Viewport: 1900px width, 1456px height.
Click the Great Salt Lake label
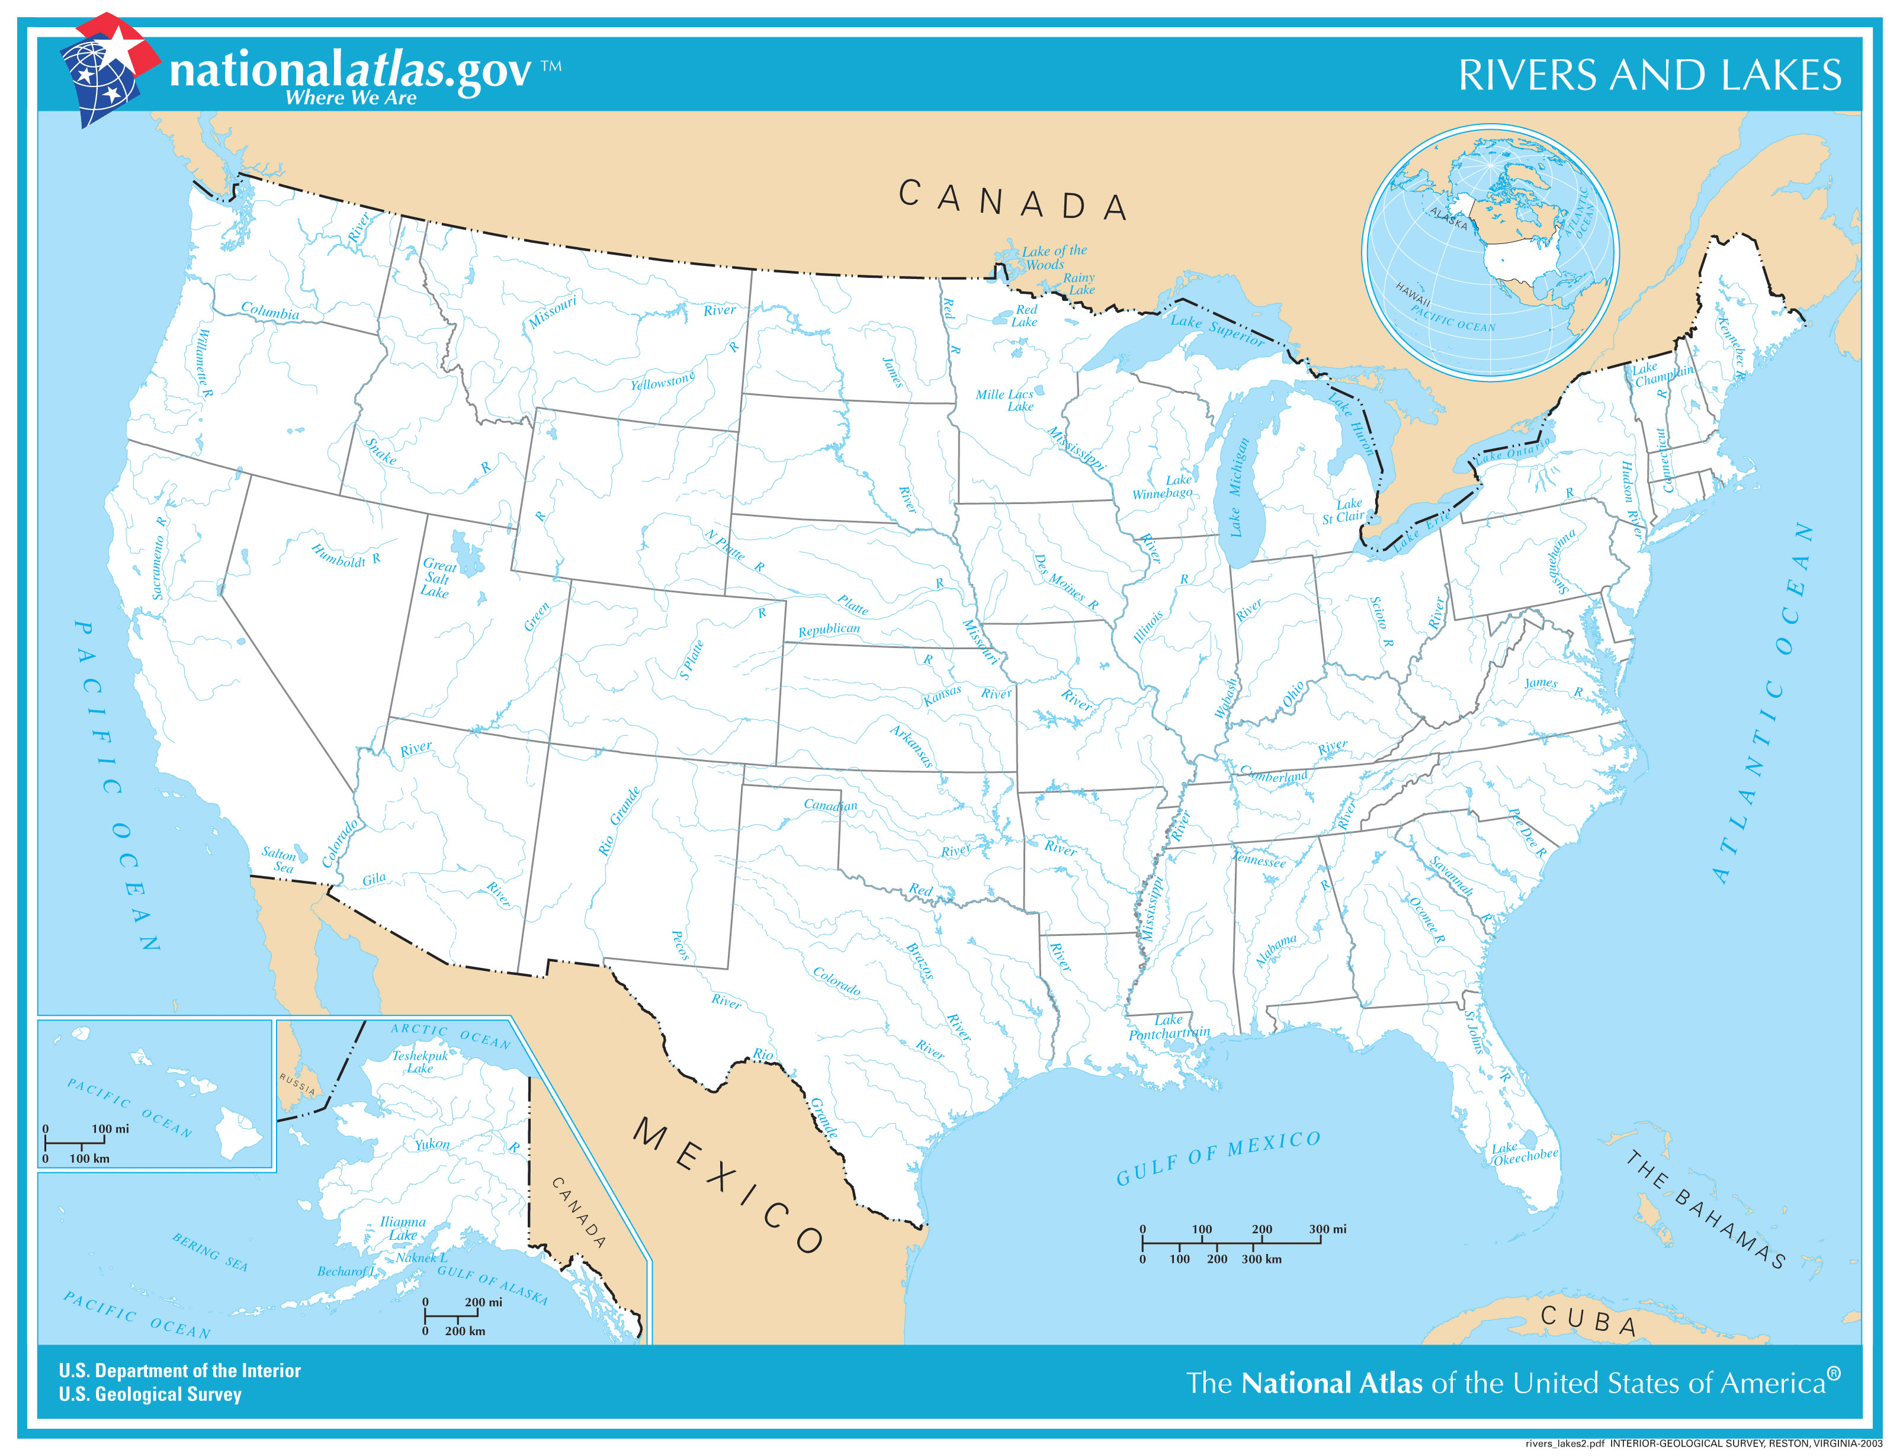[x=438, y=578]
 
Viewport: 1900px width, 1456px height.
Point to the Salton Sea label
[x=279, y=860]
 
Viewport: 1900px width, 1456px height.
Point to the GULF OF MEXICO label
[x=1217, y=1158]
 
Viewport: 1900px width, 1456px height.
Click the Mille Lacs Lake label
[x=1005, y=399]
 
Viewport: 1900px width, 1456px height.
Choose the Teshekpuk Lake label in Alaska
[x=420, y=1061]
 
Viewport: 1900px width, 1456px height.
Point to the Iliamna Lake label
[x=403, y=1228]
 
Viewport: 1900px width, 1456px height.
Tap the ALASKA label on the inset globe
[x=1449, y=219]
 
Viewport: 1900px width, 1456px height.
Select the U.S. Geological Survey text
[x=150, y=1394]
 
